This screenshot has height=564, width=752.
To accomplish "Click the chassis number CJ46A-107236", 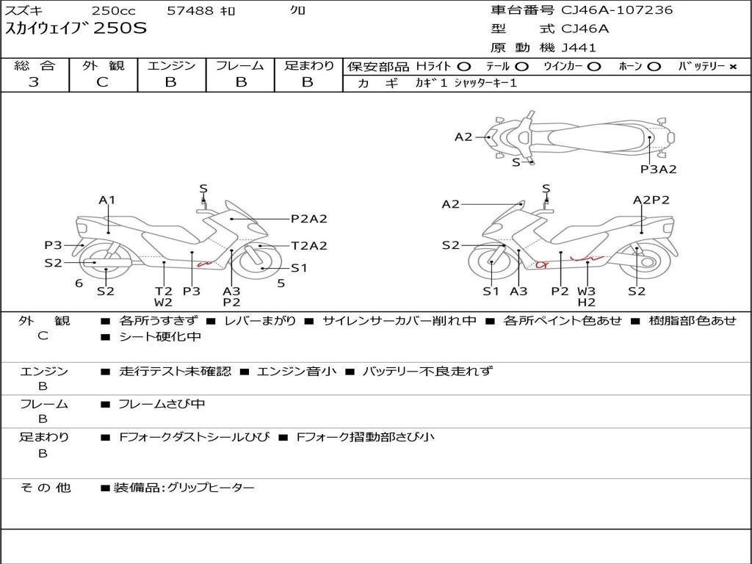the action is pos(617,10).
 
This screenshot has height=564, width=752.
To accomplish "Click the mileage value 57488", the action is pos(191,11).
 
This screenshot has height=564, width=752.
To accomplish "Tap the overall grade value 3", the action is pos(34,82).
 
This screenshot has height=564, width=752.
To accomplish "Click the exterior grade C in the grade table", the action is pos(103,82).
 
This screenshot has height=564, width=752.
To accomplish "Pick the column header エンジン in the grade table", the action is pos(171,66).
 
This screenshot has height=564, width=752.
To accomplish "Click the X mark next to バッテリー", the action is pos(732,67).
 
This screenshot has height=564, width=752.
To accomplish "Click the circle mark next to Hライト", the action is pos(463,67).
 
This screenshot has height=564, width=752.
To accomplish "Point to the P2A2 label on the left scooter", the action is pos(308,218).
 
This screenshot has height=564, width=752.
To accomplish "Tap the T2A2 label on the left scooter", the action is pos(308,246).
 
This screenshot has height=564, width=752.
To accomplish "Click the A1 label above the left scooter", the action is pos(107,200).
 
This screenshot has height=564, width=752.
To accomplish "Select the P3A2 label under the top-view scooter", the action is pos(658,169).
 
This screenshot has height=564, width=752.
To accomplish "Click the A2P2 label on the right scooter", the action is pos(651,200).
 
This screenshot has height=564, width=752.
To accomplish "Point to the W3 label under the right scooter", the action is pos(586,291).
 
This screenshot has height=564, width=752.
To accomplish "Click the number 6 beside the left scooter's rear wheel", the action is pos(79,283).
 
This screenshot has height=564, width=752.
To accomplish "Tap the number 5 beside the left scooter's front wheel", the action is pos(281,283).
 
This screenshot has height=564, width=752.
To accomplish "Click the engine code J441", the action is pos(579,48).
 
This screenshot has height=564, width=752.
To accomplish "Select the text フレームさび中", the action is pos(162,404).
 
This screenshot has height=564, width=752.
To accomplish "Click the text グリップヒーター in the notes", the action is pos(211,488).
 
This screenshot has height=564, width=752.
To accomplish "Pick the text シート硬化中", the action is pos(159,337).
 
